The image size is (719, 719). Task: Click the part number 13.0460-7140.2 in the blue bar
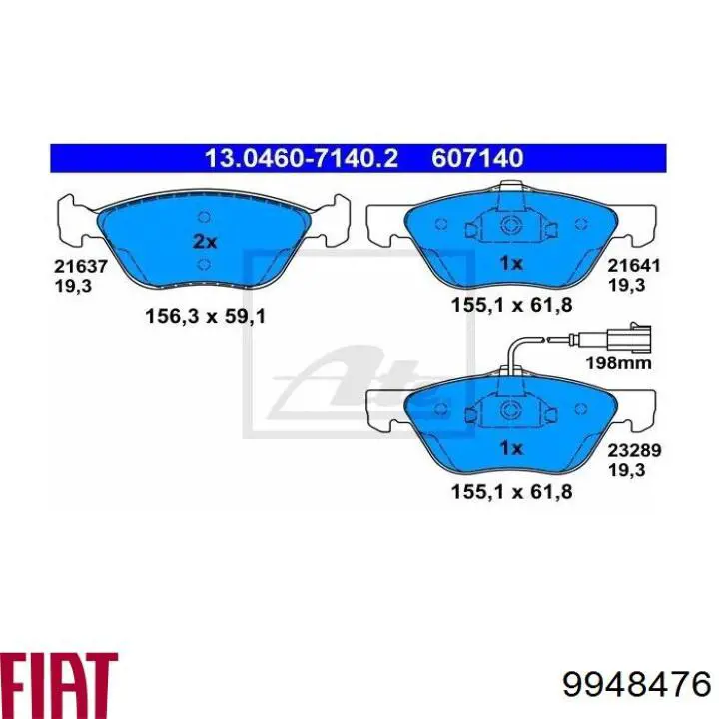coord(303,157)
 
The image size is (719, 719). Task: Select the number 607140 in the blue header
coord(477,157)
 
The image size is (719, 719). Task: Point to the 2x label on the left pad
coord(203,241)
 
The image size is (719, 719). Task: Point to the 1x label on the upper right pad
coord(510,264)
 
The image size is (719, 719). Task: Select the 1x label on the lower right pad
coord(510,447)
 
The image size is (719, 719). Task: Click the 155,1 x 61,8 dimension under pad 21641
coord(510,307)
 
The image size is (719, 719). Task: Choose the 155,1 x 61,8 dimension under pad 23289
coord(510,490)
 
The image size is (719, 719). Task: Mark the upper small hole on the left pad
coord(203,217)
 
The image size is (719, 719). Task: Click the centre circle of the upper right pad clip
coord(510,224)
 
